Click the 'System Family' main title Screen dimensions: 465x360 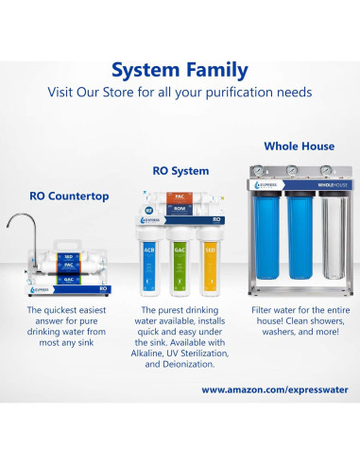tap(180, 70)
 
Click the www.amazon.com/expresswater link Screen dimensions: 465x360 tap(274, 388)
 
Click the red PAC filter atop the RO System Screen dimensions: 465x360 tap(180, 197)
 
